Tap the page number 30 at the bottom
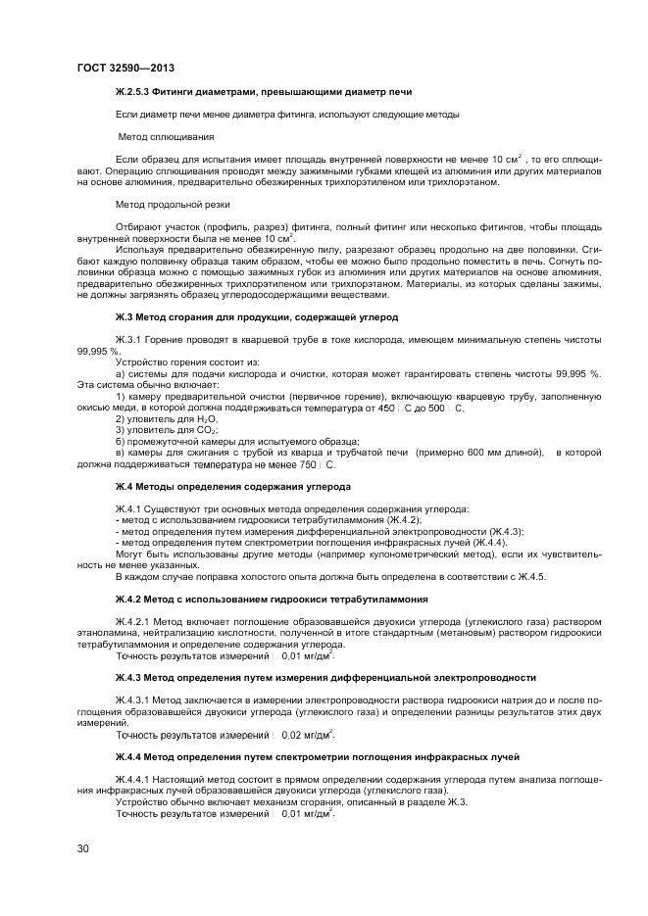tap(82, 847)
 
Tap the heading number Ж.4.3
tap(130, 677)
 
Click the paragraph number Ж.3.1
tap(128, 338)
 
